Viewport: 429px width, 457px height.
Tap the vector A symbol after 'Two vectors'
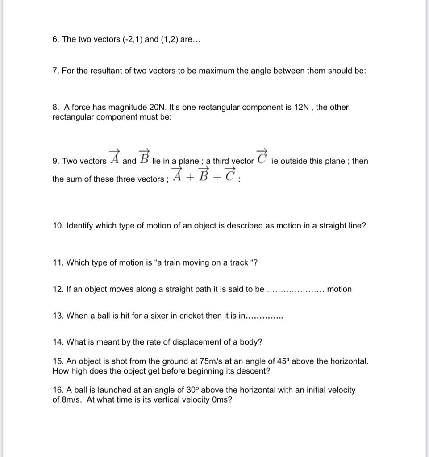[115, 157]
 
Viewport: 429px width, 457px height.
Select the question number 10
[58, 226]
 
